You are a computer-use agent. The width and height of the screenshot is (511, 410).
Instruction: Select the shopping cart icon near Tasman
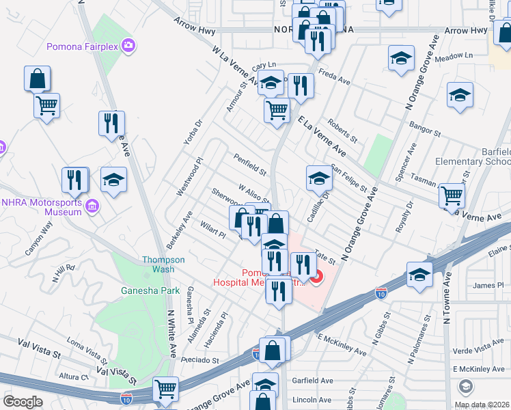452,195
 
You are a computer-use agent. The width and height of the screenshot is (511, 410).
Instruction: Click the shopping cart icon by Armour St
277,109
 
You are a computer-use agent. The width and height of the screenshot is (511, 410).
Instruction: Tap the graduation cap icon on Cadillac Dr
318,178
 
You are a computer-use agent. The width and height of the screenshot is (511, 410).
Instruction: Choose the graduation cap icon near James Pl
419,275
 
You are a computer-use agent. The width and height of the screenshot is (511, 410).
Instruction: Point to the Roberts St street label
342,130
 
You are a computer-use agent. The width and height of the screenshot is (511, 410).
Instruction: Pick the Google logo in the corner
23,402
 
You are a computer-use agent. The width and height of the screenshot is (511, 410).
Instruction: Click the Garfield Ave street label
314,380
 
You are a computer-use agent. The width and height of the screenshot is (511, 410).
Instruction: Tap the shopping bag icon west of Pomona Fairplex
37,79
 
